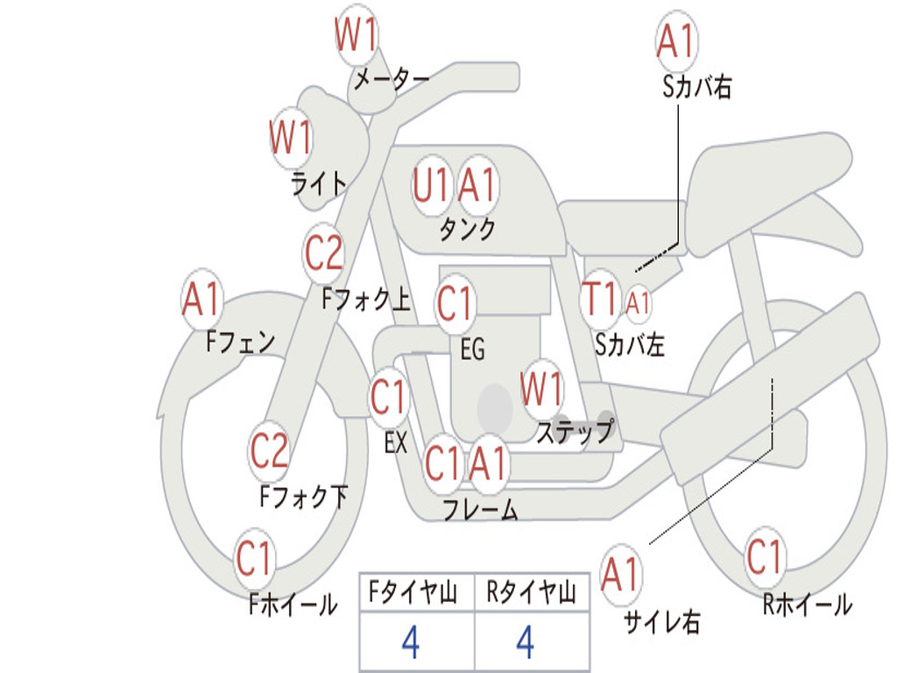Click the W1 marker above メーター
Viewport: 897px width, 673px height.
356,35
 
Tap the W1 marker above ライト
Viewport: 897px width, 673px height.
291,138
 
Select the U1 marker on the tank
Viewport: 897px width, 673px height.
430,186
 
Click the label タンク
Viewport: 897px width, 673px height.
467,229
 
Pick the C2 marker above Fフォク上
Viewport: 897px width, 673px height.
323,252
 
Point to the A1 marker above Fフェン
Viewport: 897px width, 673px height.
201,299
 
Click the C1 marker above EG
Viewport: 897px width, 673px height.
455,303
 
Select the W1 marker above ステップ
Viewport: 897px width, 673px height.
541,389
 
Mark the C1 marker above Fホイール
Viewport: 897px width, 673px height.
254,558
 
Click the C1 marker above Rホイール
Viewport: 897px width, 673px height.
764,556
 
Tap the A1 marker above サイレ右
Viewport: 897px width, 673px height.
620,574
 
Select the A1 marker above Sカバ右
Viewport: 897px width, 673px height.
676,41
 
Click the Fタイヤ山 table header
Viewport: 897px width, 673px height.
413,592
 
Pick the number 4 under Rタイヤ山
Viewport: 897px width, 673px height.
526,641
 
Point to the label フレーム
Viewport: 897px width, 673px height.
481,509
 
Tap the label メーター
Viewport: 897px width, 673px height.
392,79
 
